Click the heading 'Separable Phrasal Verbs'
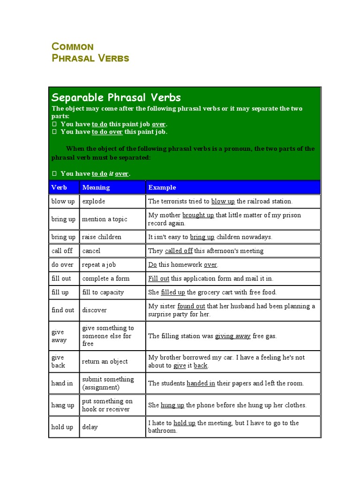tap(116, 97)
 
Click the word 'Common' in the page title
tap(73, 46)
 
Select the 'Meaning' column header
tap(96, 187)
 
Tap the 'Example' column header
tap(162, 187)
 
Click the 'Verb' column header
tap(59, 187)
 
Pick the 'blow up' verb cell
tap(63, 201)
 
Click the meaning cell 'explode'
tap(94, 201)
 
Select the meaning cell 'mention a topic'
tap(105, 219)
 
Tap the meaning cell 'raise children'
tap(102, 237)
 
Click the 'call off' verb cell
tap(62, 251)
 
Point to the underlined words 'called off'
tap(179, 251)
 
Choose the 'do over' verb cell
tap(62, 264)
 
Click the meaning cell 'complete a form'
tap(105, 278)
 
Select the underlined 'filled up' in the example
tap(173, 292)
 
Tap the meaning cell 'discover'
tap(94, 310)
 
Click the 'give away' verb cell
tap(59, 336)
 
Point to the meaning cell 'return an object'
tap(105, 361)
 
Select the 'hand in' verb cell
tap(62, 383)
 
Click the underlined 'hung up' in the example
tap(172, 405)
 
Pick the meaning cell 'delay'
tap(90, 427)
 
